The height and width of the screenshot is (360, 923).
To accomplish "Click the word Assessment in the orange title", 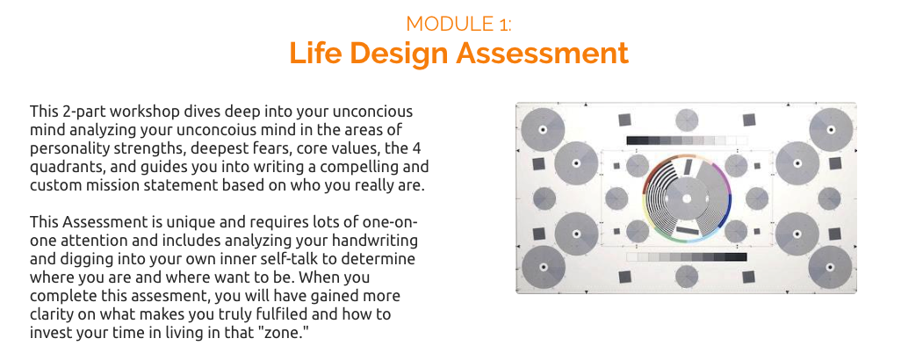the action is click(x=544, y=53).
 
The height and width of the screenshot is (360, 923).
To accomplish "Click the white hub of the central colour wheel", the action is click(x=686, y=198).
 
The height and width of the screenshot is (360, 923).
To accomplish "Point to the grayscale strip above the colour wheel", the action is click(x=687, y=140).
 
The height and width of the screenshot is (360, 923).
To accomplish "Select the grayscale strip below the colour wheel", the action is click(x=687, y=257).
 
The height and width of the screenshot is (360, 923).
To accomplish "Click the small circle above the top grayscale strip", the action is click(x=687, y=119).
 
